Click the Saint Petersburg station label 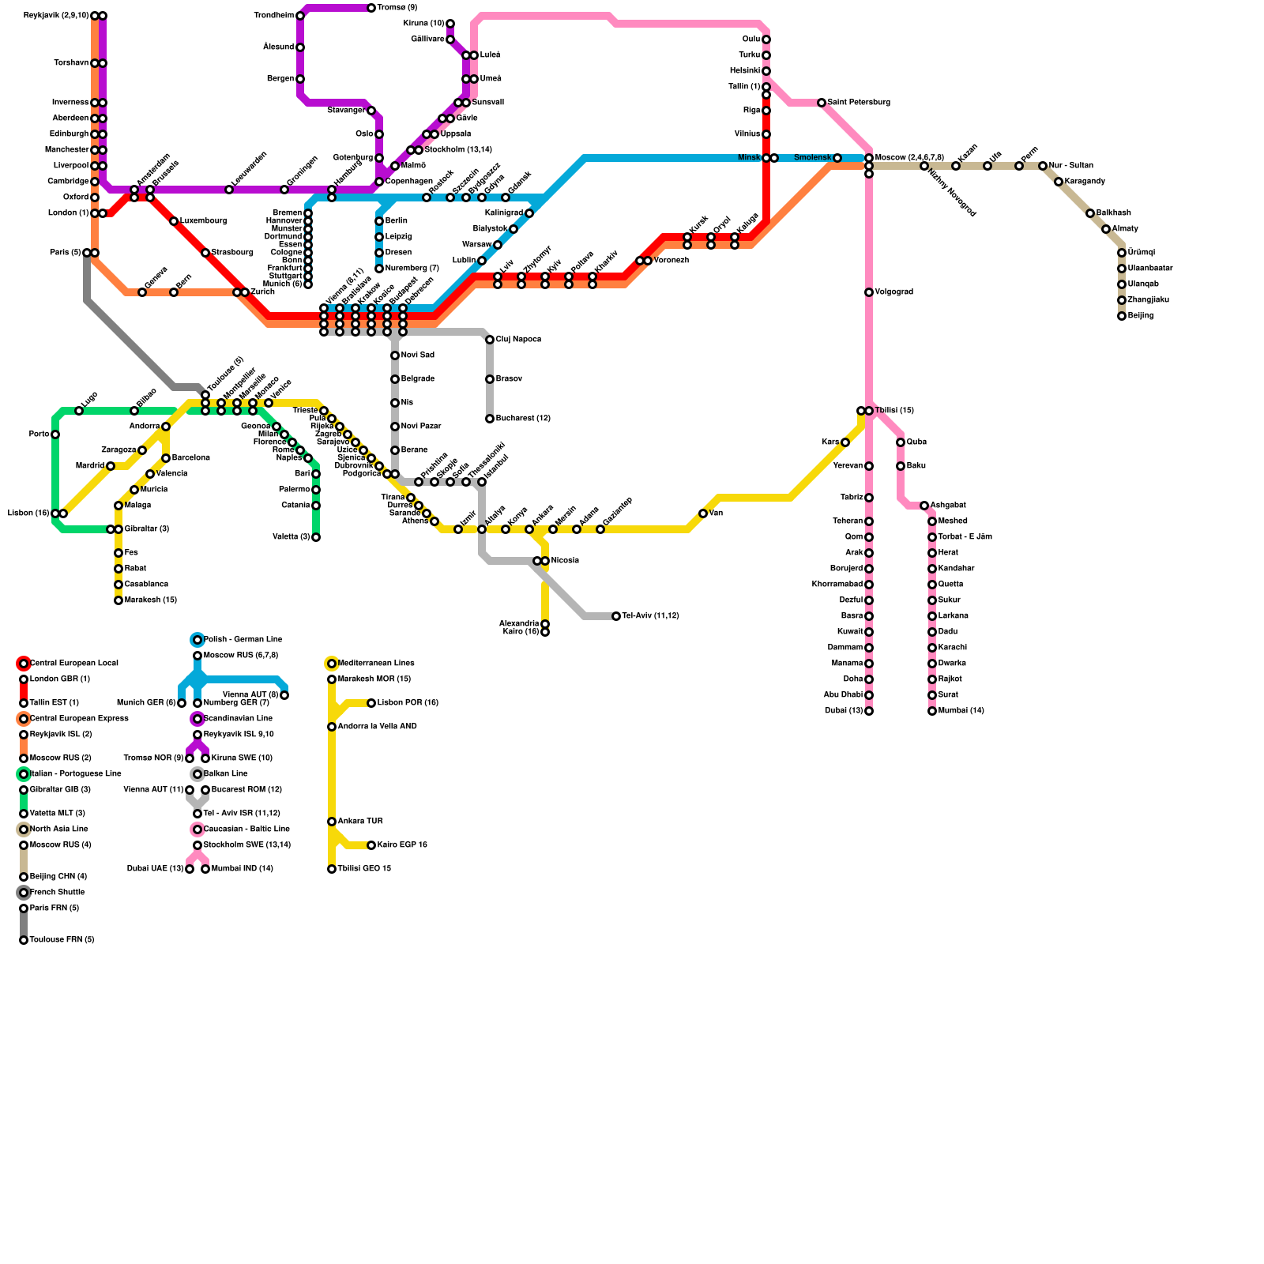tap(859, 103)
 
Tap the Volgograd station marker tap(869, 292)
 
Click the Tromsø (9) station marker tap(371, 8)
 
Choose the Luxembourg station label tap(203, 221)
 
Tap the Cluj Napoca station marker tap(490, 340)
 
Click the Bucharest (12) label tap(523, 419)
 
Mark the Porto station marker tap(55, 434)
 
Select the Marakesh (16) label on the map tap(150, 600)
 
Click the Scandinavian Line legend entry tap(238, 719)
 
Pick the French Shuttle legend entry tap(57, 893)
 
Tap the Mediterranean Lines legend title tap(376, 664)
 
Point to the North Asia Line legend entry tap(58, 829)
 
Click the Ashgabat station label tap(947, 506)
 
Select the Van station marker tap(703, 513)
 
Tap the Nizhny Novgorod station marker tap(924, 166)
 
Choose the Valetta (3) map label tap(291, 537)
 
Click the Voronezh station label tap(671, 261)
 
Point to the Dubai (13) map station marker tap(869, 711)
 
